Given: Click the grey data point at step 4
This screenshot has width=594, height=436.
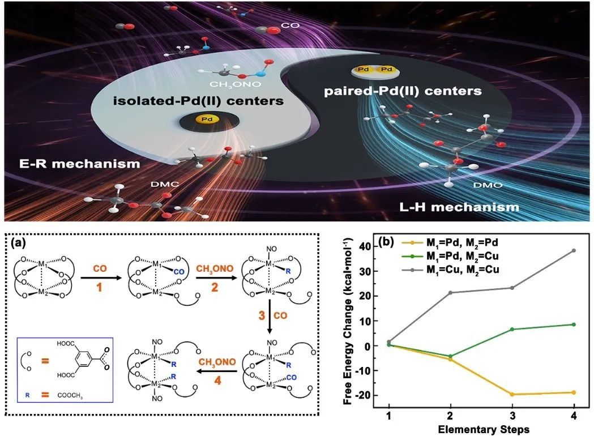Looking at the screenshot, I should (x=574, y=250).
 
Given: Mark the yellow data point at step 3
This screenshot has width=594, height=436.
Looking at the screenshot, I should (x=512, y=394).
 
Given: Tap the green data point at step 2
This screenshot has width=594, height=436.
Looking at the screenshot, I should (x=450, y=356).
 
